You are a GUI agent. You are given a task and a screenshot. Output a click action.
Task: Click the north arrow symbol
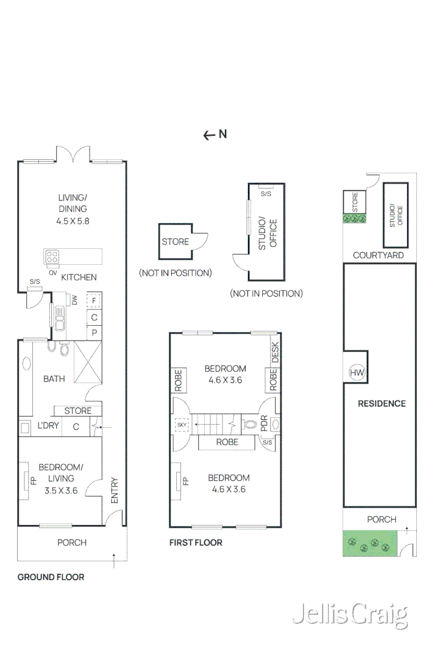pos(215,135)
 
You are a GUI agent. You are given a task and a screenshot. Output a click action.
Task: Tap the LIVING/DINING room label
pos(73,209)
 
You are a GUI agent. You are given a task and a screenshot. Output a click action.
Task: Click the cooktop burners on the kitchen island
pos(52,256)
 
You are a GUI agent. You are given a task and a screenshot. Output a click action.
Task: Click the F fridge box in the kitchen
pos(94,300)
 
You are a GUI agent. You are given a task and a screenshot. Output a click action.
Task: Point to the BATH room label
pos(54,379)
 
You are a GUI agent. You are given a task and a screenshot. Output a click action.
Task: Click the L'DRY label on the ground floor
pos(48,425)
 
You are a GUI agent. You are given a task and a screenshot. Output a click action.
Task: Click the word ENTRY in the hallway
pos(114,489)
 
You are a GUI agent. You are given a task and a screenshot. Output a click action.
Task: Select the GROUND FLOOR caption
pos(51,577)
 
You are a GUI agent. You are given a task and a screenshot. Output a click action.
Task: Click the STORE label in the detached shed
pos(175,242)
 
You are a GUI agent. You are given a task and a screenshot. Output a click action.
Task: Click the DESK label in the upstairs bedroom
pos(274,353)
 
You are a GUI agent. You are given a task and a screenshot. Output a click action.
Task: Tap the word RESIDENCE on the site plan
pos(382,403)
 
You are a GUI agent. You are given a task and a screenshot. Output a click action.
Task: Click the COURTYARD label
pos(378,255)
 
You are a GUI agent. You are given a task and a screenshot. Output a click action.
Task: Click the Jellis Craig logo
pos(350,615)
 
